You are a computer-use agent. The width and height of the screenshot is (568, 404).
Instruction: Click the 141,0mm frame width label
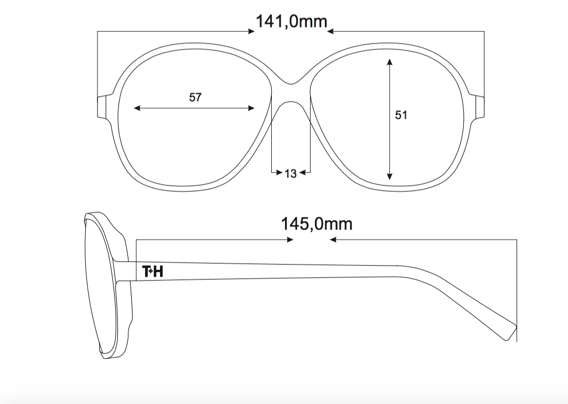tap(292, 22)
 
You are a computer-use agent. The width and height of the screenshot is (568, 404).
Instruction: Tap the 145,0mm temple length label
tap(317, 224)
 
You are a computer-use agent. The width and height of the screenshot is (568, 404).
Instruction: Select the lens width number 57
tap(195, 97)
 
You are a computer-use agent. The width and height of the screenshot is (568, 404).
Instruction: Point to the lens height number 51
tap(401, 115)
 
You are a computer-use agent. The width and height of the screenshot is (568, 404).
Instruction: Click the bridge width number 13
tap(291, 174)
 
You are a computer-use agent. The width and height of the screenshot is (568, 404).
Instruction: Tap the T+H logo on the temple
tap(153, 272)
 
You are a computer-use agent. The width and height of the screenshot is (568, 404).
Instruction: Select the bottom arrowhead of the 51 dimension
tap(389, 177)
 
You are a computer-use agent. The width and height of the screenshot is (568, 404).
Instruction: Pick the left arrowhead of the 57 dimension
tap(137, 108)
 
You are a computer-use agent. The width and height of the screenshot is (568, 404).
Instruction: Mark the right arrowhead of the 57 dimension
tap(251, 108)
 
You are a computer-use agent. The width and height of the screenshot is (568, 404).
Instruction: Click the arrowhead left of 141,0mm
tap(251, 32)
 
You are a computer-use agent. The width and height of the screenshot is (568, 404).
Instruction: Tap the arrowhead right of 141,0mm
tap(331, 32)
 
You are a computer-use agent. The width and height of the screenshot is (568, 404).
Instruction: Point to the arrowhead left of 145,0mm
tap(290, 239)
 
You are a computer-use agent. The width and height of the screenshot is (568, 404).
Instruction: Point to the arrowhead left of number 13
tap(279, 173)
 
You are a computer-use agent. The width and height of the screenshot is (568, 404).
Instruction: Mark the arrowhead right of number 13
tap(303, 173)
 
